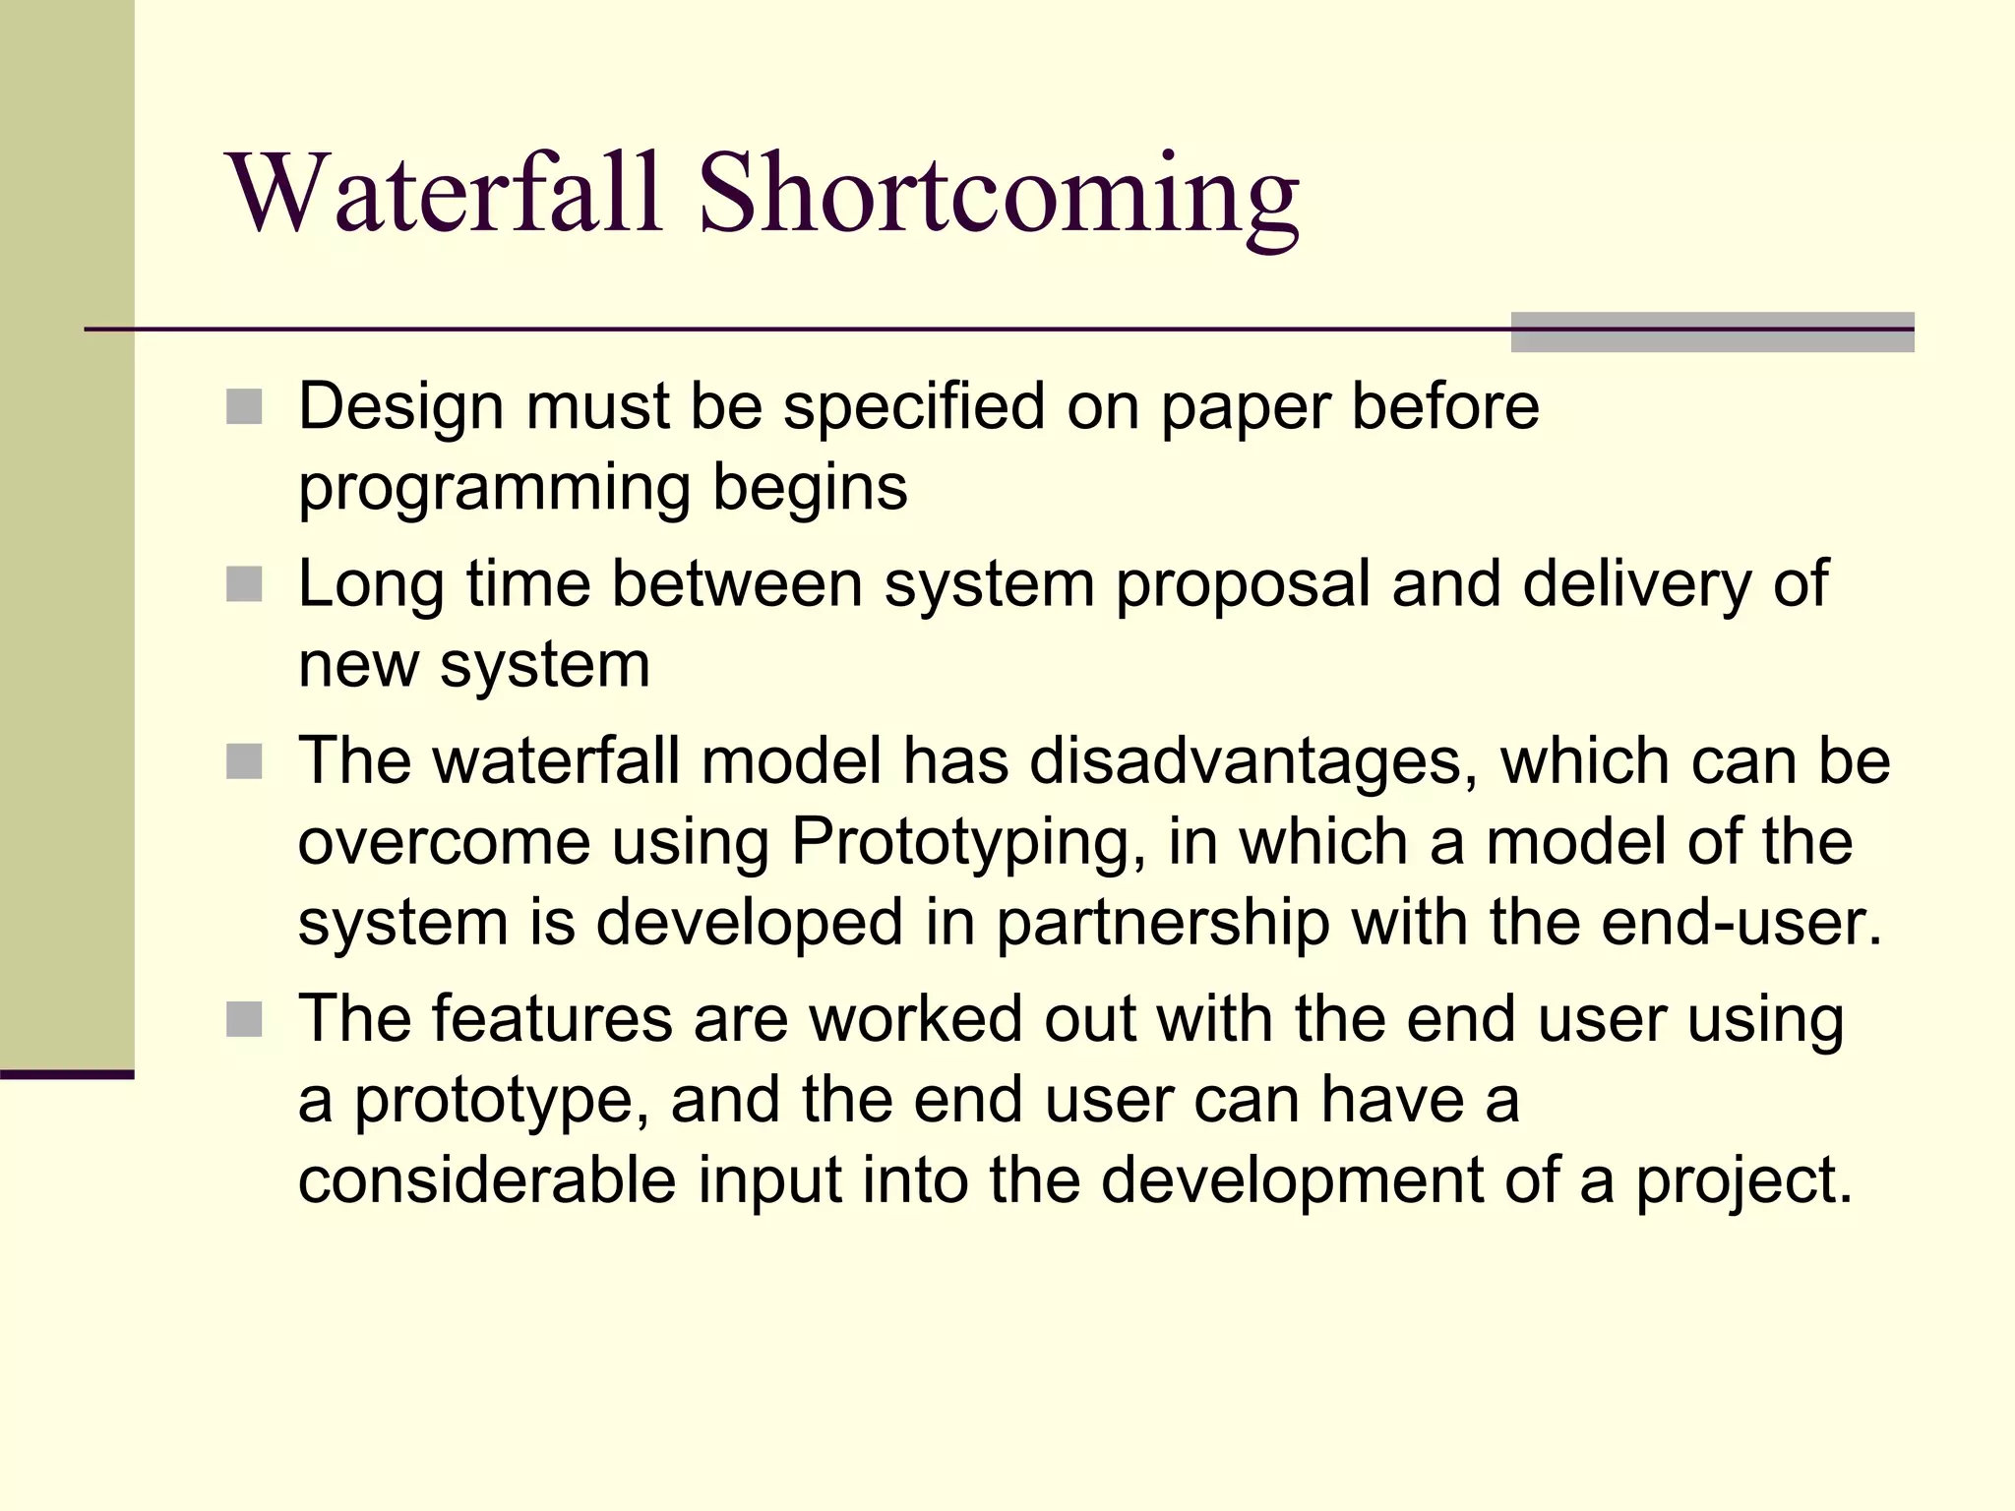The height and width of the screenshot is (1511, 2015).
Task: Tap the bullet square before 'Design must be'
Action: pos(244,406)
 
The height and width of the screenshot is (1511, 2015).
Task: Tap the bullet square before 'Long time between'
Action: pos(244,584)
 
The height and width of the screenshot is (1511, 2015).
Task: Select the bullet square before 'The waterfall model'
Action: pos(244,761)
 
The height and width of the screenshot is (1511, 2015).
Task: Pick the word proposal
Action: pos(1243,586)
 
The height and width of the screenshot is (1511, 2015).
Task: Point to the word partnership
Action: pos(1162,925)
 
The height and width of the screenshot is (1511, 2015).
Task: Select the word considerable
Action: pos(487,1180)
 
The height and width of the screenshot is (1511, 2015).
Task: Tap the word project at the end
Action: pos(1743,1182)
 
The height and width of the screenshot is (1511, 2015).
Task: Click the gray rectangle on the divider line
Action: pos(1712,332)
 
